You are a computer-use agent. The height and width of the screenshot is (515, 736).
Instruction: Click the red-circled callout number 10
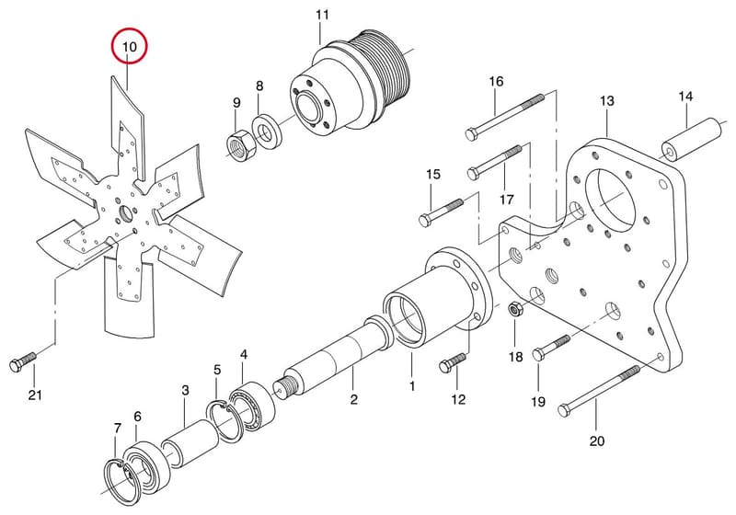129,47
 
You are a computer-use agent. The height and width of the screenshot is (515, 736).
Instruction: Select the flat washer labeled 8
266,132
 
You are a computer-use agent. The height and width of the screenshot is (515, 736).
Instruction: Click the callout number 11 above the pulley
323,15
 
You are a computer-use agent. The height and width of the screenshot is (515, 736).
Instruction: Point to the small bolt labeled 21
22,361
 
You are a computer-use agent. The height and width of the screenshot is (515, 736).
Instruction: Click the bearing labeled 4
251,406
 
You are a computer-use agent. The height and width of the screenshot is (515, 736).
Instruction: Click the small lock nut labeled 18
515,311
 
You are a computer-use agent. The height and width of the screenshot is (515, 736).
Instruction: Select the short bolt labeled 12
453,362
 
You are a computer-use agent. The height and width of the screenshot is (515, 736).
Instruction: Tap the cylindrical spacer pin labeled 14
692,140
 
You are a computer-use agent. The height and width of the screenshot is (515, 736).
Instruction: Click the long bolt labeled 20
599,392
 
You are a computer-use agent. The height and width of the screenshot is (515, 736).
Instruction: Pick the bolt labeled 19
551,348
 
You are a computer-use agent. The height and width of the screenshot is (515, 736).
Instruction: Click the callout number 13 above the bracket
607,101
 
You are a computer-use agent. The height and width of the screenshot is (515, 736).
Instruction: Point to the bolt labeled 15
441,212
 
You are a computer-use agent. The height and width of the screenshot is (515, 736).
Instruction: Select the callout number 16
496,82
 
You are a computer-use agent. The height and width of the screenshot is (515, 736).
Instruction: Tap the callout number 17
507,200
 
